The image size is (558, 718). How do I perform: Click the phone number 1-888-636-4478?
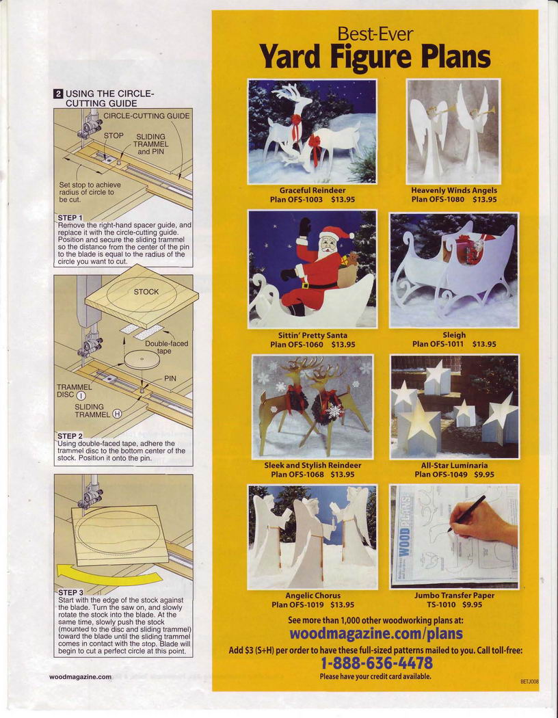[376, 663]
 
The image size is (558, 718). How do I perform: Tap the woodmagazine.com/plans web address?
[376, 634]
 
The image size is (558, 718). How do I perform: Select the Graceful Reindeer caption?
[313, 190]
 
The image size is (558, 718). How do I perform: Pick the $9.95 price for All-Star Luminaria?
[484, 475]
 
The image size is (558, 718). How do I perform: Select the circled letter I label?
[81, 396]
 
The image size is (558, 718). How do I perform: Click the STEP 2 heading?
[70, 436]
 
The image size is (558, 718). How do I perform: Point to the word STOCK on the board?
[146, 292]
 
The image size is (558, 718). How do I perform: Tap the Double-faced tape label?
[166, 347]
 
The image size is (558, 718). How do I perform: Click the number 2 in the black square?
[58, 94]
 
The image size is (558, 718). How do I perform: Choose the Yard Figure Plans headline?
[375, 57]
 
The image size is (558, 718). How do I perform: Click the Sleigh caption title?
[454, 335]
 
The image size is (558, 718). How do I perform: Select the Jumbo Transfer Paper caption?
[454, 596]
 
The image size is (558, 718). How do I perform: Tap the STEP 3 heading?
[70, 593]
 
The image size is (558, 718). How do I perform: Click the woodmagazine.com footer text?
[80, 677]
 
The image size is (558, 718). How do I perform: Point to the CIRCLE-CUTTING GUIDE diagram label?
[146, 116]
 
